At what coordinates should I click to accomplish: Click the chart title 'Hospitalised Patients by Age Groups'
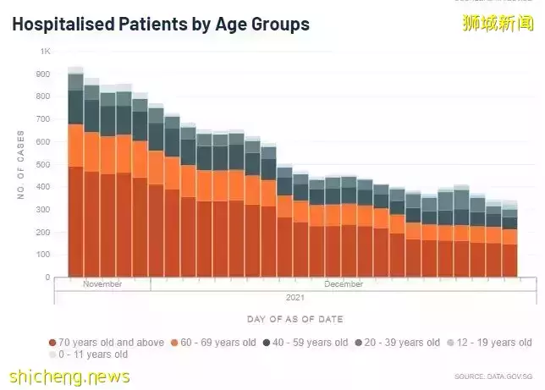pos(161,24)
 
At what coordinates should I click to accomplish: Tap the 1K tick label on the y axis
pos(46,52)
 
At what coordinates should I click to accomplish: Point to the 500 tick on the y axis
pos(44,164)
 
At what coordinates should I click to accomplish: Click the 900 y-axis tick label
pos(44,74)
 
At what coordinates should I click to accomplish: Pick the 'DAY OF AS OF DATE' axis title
pos(295,318)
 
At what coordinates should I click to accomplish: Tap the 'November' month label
pos(102,284)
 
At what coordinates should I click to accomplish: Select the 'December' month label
pos(344,284)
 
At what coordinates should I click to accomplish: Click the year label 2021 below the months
pos(295,297)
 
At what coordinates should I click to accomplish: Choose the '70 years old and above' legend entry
pos(107,343)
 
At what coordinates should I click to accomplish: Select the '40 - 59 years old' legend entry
pos(306,343)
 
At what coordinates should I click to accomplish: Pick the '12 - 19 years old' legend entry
pos(490,343)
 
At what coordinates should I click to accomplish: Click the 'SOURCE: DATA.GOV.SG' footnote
pos(493,375)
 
